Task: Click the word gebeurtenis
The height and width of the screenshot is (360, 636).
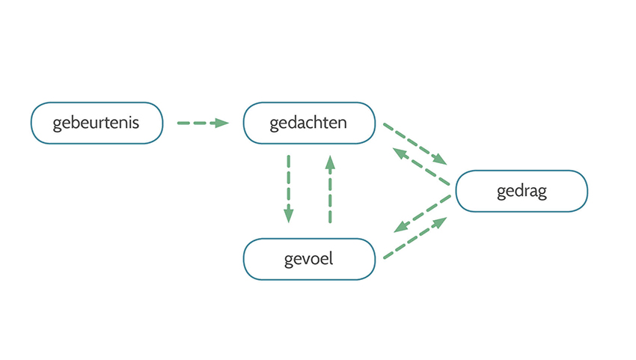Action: pyautogui.click(x=97, y=123)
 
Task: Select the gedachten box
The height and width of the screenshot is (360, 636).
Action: pyautogui.click(x=308, y=123)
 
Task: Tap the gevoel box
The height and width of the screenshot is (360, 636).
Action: pyautogui.click(x=308, y=259)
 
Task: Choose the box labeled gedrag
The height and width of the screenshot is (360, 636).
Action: pyautogui.click(x=522, y=191)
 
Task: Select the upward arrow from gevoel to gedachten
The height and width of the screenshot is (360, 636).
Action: pyautogui.click(x=329, y=189)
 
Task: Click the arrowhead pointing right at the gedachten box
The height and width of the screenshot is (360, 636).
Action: pyautogui.click(x=221, y=123)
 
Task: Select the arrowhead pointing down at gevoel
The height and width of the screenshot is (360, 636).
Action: pyautogui.click(x=288, y=216)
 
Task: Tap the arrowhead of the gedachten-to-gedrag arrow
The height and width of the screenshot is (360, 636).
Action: pyautogui.click(x=439, y=159)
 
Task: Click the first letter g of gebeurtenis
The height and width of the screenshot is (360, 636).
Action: pyautogui.click(x=57, y=124)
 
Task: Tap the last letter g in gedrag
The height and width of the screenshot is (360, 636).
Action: pyautogui.click(x=542, y=192)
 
